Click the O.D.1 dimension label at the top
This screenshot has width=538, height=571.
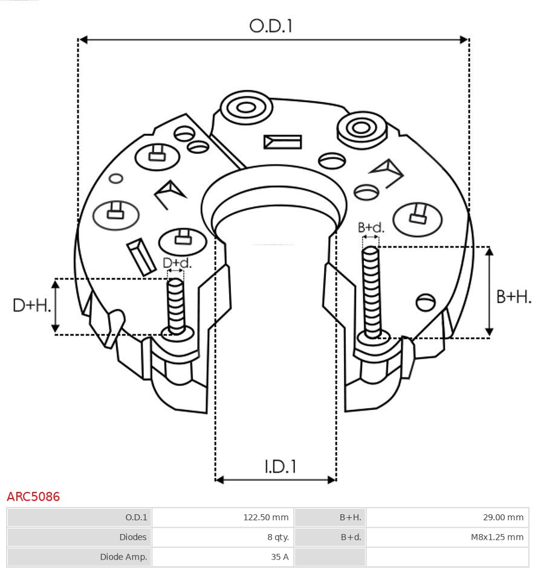tap(271, 26)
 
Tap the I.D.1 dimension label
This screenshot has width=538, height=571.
tap(280, 467)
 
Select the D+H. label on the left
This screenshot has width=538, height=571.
tap(31, 305)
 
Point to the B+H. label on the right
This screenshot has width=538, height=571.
tap(514, 296)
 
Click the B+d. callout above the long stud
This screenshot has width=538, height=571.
tap(371, 228)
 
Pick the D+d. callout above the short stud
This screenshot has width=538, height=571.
tap(177, 263)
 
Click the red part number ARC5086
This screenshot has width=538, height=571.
tap(33, 497)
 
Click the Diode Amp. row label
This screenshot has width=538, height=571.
tap(123, 557)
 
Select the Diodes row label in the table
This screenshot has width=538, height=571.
tap(133, 537)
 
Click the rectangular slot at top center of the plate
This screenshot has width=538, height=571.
tap(282, 142)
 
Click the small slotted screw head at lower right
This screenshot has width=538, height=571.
tap(426, 302)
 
